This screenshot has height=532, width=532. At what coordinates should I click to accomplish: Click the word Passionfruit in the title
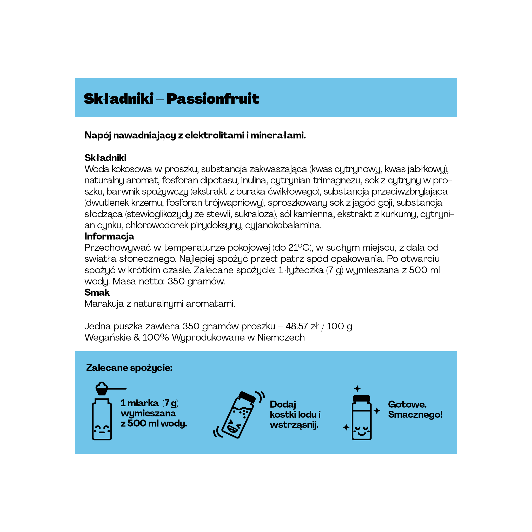pos(212,99)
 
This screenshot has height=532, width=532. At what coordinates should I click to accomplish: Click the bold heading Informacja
pos(109,236)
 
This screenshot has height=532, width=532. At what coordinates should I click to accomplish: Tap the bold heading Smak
pos(97,292)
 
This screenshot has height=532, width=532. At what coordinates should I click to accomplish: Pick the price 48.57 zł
pos(302,326)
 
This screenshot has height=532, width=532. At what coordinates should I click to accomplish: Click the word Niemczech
pos(281,337)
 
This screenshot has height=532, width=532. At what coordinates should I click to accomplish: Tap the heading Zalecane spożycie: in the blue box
pos(129,368)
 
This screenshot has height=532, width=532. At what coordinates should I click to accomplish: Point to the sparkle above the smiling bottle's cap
pos(357,389)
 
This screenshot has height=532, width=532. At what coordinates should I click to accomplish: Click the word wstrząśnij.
pos(294,425)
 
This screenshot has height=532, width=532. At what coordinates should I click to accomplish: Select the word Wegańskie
pos(108,337)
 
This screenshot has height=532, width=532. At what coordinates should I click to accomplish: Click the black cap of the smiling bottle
pos(361,398)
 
